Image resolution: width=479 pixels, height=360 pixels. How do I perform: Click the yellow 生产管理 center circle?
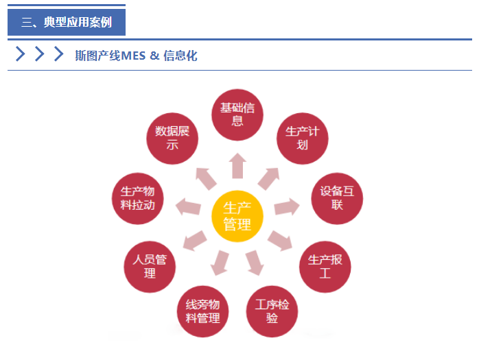point(237,216)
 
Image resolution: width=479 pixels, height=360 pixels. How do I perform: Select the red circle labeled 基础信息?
point(237,115)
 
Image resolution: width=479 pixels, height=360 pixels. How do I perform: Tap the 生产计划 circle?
point(303,139)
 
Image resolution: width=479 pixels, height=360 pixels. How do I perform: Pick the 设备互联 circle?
point(337,198)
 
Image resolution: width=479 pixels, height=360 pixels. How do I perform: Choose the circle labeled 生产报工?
point(325,267)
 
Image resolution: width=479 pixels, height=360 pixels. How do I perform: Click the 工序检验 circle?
point(272,311)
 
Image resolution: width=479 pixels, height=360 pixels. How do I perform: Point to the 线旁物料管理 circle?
point(202,311)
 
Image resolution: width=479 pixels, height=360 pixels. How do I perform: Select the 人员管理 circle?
point(150,267)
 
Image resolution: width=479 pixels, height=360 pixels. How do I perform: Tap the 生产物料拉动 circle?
point(137,198)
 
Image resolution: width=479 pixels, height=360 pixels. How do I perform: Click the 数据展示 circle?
point(172,139)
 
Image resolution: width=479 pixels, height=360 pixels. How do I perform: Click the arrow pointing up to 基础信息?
point(237,165)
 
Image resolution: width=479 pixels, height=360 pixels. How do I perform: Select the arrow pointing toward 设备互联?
point(287,206)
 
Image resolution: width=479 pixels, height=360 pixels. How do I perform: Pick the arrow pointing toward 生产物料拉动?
point(188,206)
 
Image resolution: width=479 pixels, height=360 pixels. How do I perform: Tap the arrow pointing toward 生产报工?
point(280,241)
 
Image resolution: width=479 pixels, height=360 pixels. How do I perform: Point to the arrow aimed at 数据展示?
point(206,178)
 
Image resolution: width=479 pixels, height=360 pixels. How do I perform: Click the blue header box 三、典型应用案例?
point(67,22)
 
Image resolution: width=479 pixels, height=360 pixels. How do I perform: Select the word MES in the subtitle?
point(134,56)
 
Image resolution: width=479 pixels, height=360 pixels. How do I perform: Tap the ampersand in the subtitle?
point(154,56)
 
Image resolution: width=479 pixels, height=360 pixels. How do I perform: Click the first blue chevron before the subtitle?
point(21,53)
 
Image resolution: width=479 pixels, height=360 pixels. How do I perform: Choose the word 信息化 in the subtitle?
point(180,56)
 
